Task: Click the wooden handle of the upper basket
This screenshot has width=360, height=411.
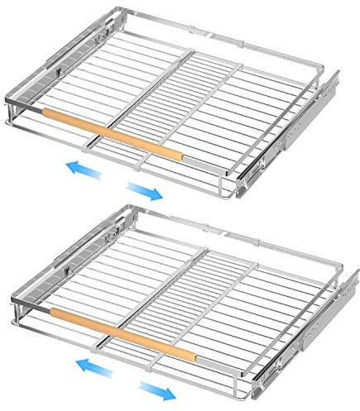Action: (112, 132)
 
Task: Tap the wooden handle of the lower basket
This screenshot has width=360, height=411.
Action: (124, 332)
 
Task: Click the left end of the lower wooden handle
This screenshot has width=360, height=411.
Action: (55, 313)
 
